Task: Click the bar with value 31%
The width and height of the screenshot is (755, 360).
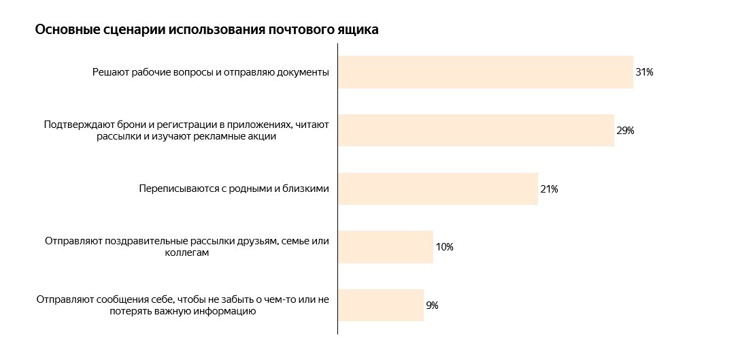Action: point(485,72)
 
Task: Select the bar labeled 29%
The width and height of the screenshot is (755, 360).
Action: point(475,131)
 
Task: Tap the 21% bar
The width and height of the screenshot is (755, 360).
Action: point(437,189)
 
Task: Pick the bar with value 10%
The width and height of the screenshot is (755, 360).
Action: point(385,247)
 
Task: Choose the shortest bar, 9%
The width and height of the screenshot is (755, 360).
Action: point(380,306)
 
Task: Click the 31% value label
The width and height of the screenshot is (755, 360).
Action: point(644,72)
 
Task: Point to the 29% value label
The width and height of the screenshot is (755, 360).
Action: point(625,131)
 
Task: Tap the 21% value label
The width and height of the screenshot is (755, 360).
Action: point(549,189)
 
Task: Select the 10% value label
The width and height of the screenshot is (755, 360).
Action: point(444,247)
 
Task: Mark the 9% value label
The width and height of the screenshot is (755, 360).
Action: point(432,306)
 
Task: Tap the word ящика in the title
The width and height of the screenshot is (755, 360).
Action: point(358,31)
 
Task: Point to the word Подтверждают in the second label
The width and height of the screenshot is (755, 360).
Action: point(73,125)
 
